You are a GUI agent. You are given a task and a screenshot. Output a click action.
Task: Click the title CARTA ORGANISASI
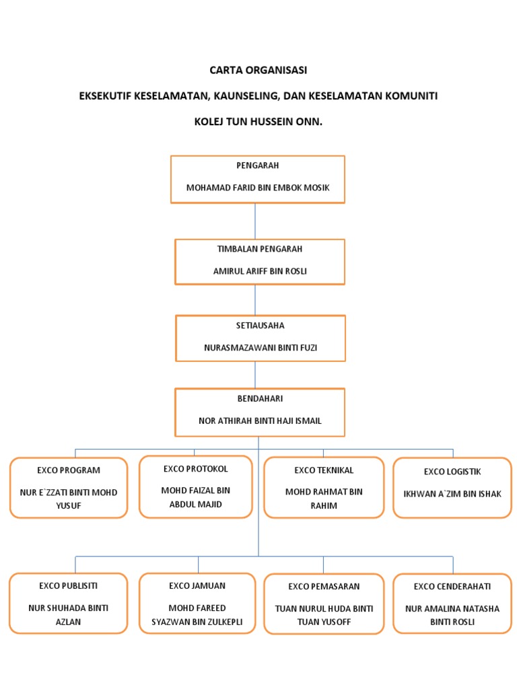[258, 70]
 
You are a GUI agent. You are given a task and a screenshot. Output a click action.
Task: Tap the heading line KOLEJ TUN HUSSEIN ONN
[258, 122]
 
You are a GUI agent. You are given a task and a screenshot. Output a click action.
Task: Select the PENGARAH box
[258, 179]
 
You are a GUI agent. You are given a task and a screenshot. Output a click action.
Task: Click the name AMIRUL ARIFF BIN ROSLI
[260, 272]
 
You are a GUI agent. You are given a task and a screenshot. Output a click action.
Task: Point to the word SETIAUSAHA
[260, 326]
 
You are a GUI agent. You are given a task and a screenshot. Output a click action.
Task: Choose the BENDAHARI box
[260, 411]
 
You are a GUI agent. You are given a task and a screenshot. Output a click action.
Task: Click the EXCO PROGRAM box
[69, 488]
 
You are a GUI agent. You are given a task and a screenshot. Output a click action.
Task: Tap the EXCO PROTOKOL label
[195, 469]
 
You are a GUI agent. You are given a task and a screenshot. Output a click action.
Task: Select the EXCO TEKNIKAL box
[324, 487]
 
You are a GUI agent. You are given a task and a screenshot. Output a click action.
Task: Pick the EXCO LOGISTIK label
[452, 472]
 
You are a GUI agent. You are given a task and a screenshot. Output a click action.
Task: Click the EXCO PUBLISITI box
[69, 604]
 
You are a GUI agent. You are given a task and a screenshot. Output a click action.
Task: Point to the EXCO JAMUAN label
[197, 586]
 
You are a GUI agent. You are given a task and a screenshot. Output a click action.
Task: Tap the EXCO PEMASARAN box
[324, 604]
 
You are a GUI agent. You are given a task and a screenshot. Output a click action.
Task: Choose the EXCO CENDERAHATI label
[452, 586]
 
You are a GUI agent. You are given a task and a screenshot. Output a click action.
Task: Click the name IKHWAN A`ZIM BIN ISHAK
[452, 494]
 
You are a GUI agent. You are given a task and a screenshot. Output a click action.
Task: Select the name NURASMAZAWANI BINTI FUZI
[260, 348]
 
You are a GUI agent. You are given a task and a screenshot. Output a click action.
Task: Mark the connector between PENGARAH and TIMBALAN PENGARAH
[255, 221]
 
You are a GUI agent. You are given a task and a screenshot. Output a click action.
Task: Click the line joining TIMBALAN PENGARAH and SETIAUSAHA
[255, 299]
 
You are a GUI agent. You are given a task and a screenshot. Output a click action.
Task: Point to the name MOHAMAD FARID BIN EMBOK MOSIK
[258, 188]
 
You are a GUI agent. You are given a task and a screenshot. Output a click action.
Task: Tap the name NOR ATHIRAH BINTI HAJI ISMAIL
[260, 421]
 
